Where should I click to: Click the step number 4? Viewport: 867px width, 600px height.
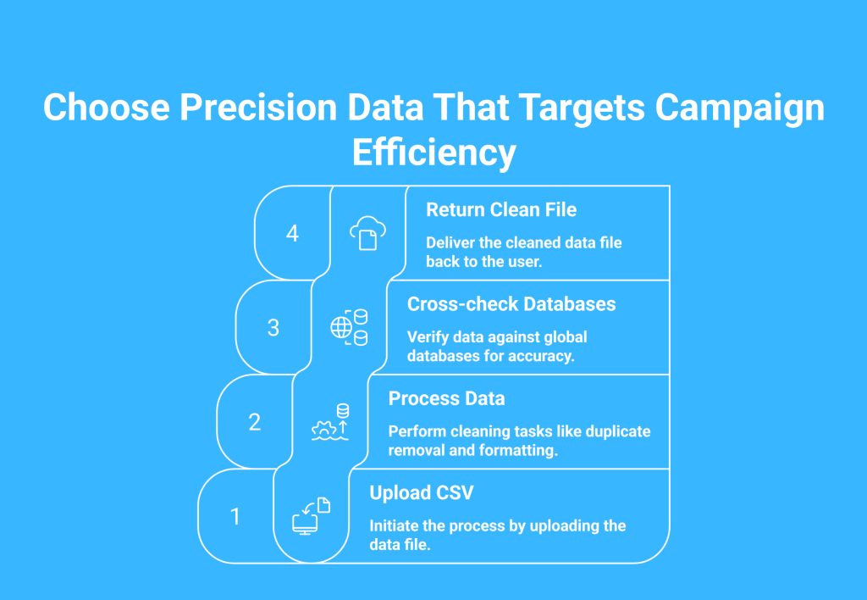[292, 234]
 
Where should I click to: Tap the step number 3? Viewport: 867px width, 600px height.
[273, 328]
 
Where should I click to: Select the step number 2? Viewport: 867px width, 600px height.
[254, 422]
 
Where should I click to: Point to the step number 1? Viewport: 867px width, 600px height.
[235, 516]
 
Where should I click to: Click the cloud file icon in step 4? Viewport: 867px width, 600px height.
[367, 233]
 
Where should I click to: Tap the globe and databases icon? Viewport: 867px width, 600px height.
[349, 328]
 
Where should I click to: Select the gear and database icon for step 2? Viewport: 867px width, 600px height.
[330, 422]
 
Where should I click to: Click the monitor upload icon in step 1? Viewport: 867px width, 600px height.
[312, 516]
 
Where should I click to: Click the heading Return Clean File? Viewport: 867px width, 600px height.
[501, 210]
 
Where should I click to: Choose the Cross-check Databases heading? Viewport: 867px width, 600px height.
[511, 304]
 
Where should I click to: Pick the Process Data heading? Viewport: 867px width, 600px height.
[446, 398]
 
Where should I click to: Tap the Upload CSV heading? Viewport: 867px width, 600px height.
[422, 492]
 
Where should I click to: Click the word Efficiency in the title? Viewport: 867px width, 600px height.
[434, 153]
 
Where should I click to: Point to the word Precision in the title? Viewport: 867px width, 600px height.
[257, 107]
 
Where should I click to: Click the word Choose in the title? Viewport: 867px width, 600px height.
[106, 107]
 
